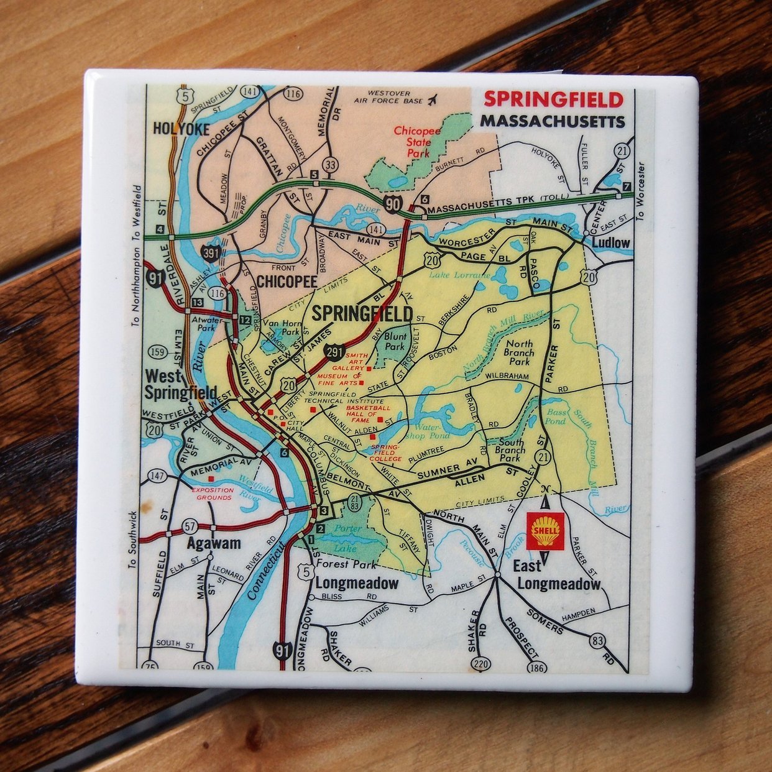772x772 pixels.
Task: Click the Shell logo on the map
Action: point(545,531)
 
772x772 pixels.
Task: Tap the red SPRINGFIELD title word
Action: point(553,99)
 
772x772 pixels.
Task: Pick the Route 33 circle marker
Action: point(331,165)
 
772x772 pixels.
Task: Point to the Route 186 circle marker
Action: point(536,668)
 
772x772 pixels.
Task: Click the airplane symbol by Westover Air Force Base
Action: point(433,99)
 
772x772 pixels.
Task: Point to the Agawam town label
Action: point(214,544)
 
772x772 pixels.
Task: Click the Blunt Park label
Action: point(395,341)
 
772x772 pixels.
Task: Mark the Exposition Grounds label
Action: point(215,494)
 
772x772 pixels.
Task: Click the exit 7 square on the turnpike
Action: point(626,186)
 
